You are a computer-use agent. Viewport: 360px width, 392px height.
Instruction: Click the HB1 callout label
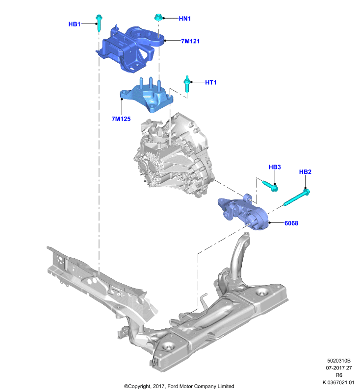point(74,24)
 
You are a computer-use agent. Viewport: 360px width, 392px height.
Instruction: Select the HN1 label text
point(185,19)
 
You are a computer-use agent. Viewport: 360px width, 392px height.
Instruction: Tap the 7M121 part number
point(190,41)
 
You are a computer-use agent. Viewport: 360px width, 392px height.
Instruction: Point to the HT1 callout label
point(210,82)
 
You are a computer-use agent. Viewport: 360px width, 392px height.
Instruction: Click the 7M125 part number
point(121,119)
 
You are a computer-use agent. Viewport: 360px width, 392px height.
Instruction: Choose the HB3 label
point(275,167)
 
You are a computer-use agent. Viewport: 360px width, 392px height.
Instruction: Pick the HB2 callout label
point(305,172)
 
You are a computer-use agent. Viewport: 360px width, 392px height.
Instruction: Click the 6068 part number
point(291,223)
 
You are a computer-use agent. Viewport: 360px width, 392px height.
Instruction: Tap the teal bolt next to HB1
point(99,23)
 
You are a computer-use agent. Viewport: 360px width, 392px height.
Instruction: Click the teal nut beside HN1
point(158,18)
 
